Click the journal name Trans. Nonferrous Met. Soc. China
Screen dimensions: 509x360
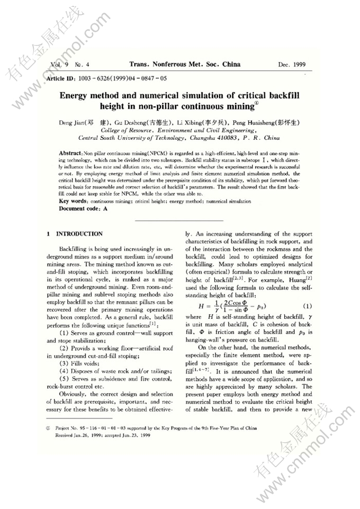pos(185,65)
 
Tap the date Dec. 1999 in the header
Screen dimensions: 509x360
pos(292,65)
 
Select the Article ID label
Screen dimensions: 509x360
pos(61,78)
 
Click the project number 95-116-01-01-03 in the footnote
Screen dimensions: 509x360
pos(96,427)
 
